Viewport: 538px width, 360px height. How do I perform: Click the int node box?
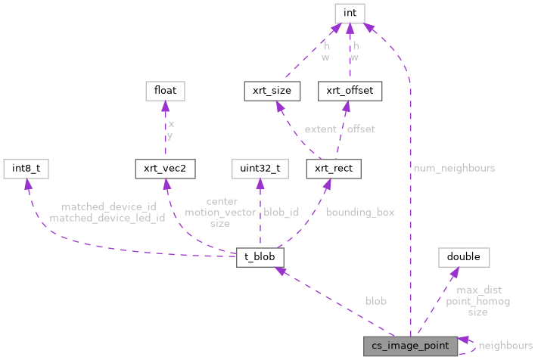coord(349,12)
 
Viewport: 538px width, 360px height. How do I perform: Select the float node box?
coord(165,91)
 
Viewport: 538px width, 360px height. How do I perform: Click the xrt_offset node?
coord(349,91)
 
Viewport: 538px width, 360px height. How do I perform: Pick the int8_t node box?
coord(26,169)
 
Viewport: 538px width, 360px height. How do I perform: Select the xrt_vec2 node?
coord(165,169)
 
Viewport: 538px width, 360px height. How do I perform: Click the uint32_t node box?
coord(260,169)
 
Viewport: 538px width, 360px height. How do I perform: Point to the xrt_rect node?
coord(334,169)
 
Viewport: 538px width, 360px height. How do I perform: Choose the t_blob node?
coord(260,257)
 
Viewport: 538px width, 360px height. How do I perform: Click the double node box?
coord(463,257)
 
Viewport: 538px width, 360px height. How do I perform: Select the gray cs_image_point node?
coord(409,346)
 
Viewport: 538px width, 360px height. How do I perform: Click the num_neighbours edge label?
coord(454,168)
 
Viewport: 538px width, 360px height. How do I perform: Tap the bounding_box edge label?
coord(359,213)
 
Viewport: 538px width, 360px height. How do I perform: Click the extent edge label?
coord(320,129)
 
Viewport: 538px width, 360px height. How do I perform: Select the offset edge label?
coord(361,129)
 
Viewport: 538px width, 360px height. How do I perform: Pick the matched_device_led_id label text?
coord(107,218)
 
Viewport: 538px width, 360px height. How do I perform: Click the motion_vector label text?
coord(220,213)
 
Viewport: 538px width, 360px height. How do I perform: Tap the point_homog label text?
coord(477,301)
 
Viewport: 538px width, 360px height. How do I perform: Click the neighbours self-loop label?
coord(505,346)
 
